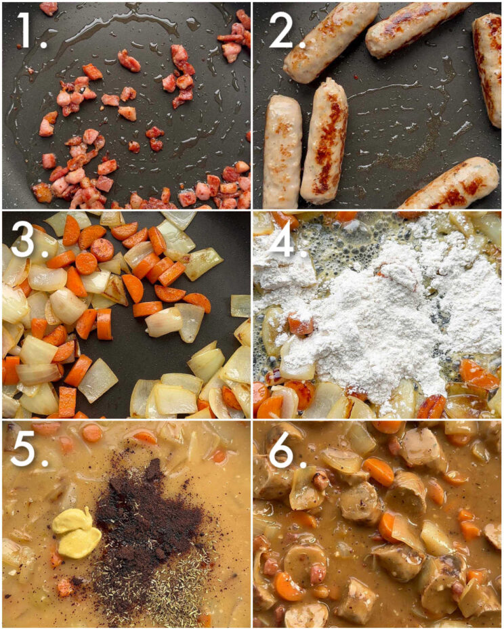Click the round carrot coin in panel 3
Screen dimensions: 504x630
tap(102, 249)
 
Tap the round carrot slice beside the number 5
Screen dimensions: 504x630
tap(92, 433)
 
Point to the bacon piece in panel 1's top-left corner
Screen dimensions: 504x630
tap(49, 8)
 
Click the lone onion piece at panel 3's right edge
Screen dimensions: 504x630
tap(240, 306)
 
